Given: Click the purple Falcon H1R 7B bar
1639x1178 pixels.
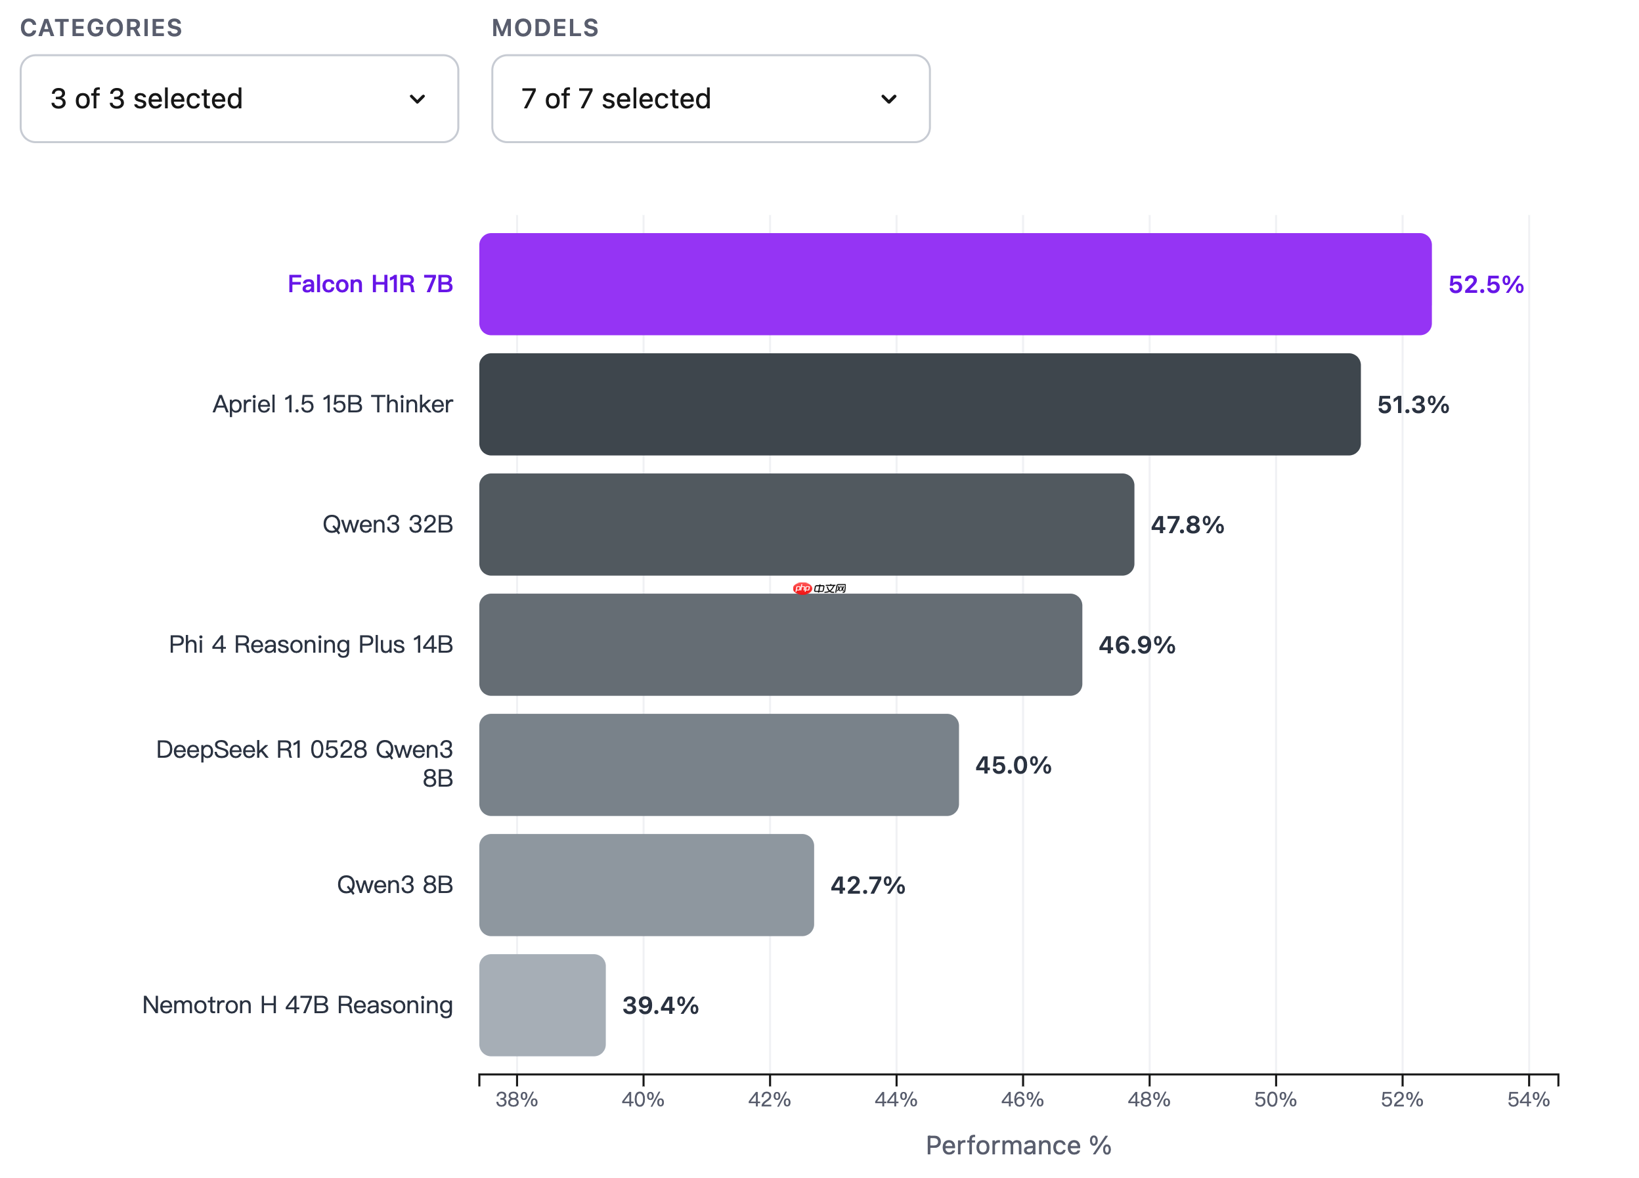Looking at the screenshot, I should pyautogui.click(x=954, y=284).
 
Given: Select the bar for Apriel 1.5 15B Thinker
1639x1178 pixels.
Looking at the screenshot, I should pyautogui.click(x=919, y=404).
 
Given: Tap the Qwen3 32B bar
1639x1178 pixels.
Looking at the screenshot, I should pyautogui.click(x=806, y=524).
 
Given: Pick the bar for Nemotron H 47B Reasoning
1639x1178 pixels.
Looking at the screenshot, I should pyautogui.click(x=542, y=1005).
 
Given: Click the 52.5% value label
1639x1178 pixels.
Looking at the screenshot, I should pyautogui.click(x=1485, y=285).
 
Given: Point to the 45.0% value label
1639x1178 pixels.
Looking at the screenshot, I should pyautogui.click(x=1013, y=766).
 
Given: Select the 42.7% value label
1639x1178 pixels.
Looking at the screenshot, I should pyautogui.click(x=867, y=885).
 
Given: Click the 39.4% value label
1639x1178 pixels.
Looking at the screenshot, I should pyautogui.click(x=660, y=1005).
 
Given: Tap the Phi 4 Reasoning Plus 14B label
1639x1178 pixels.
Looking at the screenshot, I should pyautogui.click(x=311, y=644).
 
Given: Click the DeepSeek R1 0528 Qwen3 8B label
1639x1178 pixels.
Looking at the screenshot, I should pyautogui.click(x=304, y=763).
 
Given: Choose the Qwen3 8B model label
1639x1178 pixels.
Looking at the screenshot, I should pyautogui.click(x=395, y=884).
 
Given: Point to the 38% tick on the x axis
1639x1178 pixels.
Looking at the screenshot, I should pyautogui.click(x=517, y=1099).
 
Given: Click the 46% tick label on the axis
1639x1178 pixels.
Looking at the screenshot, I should pyautogui.click(x=1022, y=1099).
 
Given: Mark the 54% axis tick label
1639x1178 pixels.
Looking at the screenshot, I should pyautogui.click(x=1528, y=1099).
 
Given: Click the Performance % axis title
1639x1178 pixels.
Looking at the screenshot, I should pyautogui.click(x=1018, y=1145).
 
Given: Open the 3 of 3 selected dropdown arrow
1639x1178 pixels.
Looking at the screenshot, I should pyautogui.click(x=417, y=99).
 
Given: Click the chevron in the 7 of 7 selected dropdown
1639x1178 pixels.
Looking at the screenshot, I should pyautogui.click(x=889, y=99).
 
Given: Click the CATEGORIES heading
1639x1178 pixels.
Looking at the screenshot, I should pyautogui.click(x=101, y=28).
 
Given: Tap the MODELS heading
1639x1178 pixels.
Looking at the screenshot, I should pyautogui.click(x=545, y=28).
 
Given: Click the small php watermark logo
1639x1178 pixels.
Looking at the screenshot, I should pyautogui.click(x=802, y=588).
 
